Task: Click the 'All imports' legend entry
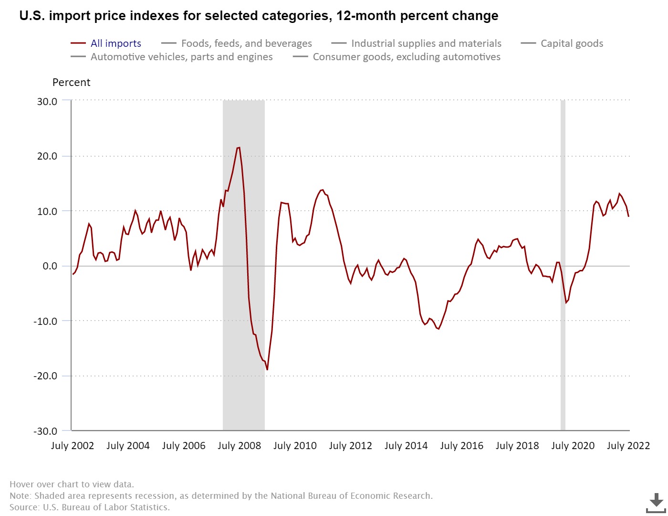[115, 43]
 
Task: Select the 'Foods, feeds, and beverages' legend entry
[246, 43]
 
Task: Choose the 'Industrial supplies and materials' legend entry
[426, 43]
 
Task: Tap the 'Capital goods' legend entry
[572, 43]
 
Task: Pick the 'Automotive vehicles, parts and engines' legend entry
[181, 57]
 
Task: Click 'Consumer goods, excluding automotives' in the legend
[406, 57]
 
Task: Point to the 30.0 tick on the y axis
[47, 101]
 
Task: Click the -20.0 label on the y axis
[45, 376]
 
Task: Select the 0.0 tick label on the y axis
[50, 266]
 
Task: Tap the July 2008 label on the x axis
[239, 446]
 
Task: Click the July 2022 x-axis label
[628, 446]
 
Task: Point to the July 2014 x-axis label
[406, 446]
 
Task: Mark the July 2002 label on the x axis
[73, 446]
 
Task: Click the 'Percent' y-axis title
[71, 82]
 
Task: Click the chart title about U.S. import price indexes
[259, 16]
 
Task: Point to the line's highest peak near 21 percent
[239, 148]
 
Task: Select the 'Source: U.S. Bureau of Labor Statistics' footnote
[90, 507]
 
